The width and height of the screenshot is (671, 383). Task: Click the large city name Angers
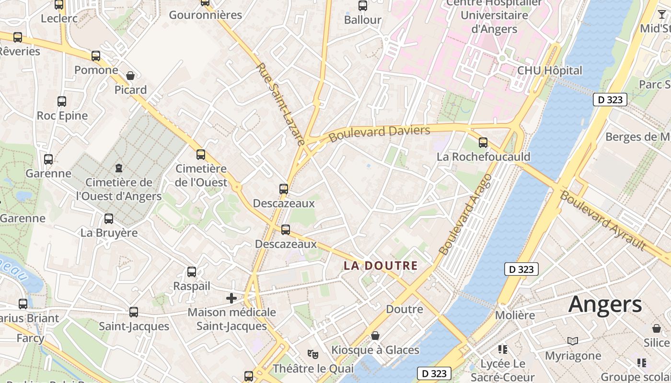click(x=605, y=304)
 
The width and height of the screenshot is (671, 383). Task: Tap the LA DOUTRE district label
click(x=381, y=266)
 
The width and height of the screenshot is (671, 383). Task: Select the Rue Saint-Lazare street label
click(x=281, y=104)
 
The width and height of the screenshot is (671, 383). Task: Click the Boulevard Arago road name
click(x=465, y=214)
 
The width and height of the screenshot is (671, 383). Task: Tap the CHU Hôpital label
click(x=549, y=70)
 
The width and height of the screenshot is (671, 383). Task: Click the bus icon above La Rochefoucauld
click(x=483, y=142)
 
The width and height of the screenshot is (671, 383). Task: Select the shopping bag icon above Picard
click(x=130, y=76)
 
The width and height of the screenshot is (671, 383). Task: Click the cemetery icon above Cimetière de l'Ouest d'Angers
click(x=118, y=168)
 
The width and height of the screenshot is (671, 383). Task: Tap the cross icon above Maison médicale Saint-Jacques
click(x=231, y=298)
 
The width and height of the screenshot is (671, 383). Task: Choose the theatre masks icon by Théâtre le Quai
click(x=313, y=354)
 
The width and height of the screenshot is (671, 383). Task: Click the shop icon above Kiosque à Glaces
click(x=375, y=336)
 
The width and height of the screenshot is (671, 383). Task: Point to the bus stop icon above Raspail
click(x=192, y=272)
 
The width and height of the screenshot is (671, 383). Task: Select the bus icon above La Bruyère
click(x=109, y=219)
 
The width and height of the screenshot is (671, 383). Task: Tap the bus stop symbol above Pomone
click(x=96, y=56)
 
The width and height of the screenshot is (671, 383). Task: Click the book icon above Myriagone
click(x=573, y=341)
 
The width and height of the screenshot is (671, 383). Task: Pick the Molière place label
click(x=515, y=315)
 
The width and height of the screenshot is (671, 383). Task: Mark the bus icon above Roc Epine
click(x=62, y=101)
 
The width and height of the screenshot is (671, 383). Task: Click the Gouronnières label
click(x=206, y=15)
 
